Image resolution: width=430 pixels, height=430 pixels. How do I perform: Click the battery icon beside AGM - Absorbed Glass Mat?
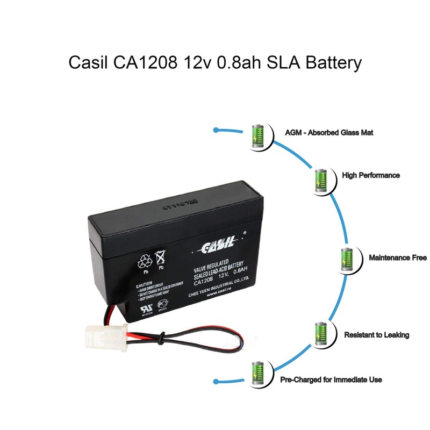(x=259, y=137)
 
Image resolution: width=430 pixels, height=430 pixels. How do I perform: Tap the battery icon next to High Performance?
(x=321, y=180)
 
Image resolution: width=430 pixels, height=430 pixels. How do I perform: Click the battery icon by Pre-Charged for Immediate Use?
(x=259, y=373)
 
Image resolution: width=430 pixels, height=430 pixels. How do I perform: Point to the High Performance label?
(x=371, y=175)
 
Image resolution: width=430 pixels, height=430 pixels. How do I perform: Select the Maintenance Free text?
(x=398, y=258)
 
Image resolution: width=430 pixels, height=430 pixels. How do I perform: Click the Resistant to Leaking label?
(x=376, y=335)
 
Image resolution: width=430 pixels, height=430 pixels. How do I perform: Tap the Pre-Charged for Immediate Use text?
(x=331, y=380)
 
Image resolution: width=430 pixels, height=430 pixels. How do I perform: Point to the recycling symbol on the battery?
(x=146, y=262)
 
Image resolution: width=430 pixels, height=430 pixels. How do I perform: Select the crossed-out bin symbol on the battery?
(x=160, y=258)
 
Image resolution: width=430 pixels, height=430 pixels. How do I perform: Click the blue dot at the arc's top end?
(x=216, y=130)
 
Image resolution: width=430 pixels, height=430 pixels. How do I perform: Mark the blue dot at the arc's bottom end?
(x=216, y=381)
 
